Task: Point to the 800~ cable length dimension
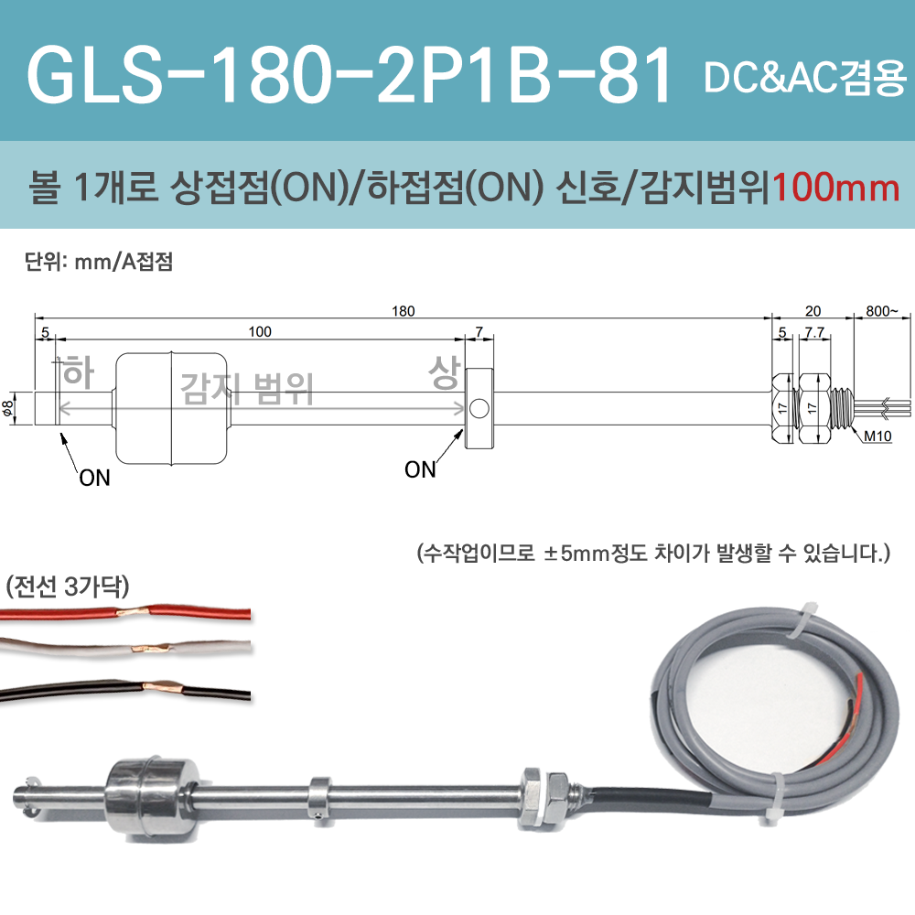tap(883, 311)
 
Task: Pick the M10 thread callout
tap(877, 436)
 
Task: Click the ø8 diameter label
tap(8, 409)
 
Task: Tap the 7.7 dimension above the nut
tap(813, 332)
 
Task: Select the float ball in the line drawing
tap(172, 408)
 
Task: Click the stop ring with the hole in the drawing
tap(481, 408)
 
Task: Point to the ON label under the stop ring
tap(420, 470)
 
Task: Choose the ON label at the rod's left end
tap(94, 478)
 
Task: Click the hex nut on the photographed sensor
tap(533, 792)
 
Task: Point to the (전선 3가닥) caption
tap(69, 586)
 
